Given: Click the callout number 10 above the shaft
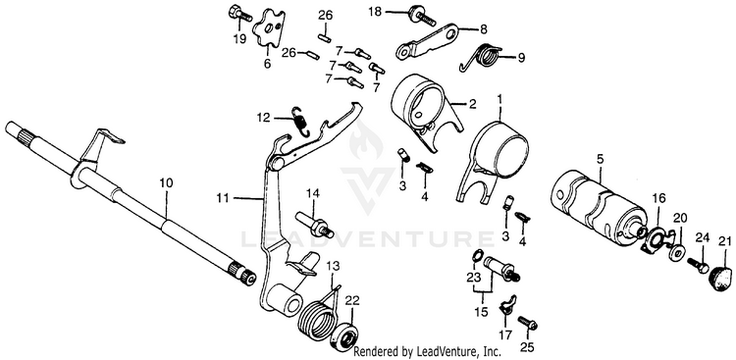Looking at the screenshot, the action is [x=166, y=182].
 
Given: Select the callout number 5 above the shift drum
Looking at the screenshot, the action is [x=600, y=160].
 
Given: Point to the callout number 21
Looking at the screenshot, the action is [x=725, y=241].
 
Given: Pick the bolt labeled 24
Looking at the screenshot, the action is [x=699, y=265].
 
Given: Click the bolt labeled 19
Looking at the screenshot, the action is [x=240, y=15].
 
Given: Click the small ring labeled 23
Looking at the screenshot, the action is [x=476, y=256].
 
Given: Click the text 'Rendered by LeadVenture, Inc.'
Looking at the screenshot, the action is [x=427, y=351].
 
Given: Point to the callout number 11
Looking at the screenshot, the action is [x=224, y=198].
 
